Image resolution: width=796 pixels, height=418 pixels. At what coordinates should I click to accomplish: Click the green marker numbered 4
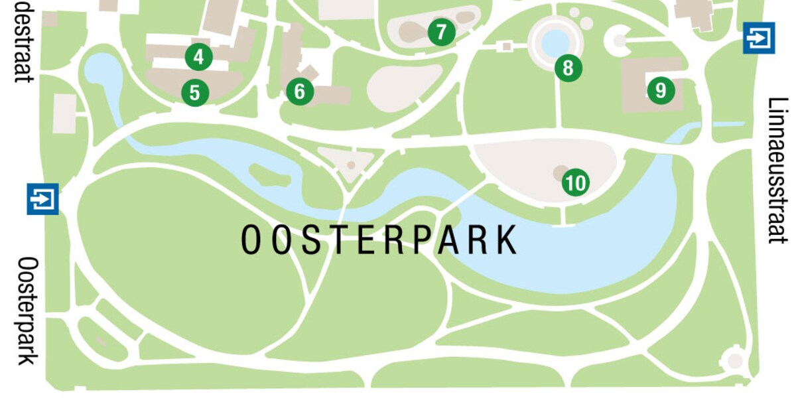coord(198,57)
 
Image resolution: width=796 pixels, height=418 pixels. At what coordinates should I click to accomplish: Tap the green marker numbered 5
coord(194,92)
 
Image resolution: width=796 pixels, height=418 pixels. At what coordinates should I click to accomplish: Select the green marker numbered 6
coord(300,91)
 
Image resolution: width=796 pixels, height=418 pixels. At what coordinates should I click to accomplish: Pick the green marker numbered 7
coord(441,32)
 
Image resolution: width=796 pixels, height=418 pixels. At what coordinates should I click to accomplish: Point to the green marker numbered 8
coord(568,67)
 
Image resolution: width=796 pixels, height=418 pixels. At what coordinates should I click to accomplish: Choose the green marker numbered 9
coord(660,90)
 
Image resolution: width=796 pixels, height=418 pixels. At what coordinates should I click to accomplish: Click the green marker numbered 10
coord(575,182)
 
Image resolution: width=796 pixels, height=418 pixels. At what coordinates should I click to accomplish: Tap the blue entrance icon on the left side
coord(42,198)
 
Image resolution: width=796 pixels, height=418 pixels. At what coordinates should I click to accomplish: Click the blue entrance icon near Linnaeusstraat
coord(759,38)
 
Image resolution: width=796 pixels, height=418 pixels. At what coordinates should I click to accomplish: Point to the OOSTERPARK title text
coord(379,240)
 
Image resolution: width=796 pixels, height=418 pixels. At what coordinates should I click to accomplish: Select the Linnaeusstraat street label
coord(779,171)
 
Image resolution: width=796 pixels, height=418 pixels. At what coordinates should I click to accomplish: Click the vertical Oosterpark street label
coord(28,311)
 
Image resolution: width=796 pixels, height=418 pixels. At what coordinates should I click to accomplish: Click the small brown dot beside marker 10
coord(560,173)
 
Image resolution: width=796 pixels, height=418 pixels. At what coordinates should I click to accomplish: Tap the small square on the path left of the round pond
coord(507,46)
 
